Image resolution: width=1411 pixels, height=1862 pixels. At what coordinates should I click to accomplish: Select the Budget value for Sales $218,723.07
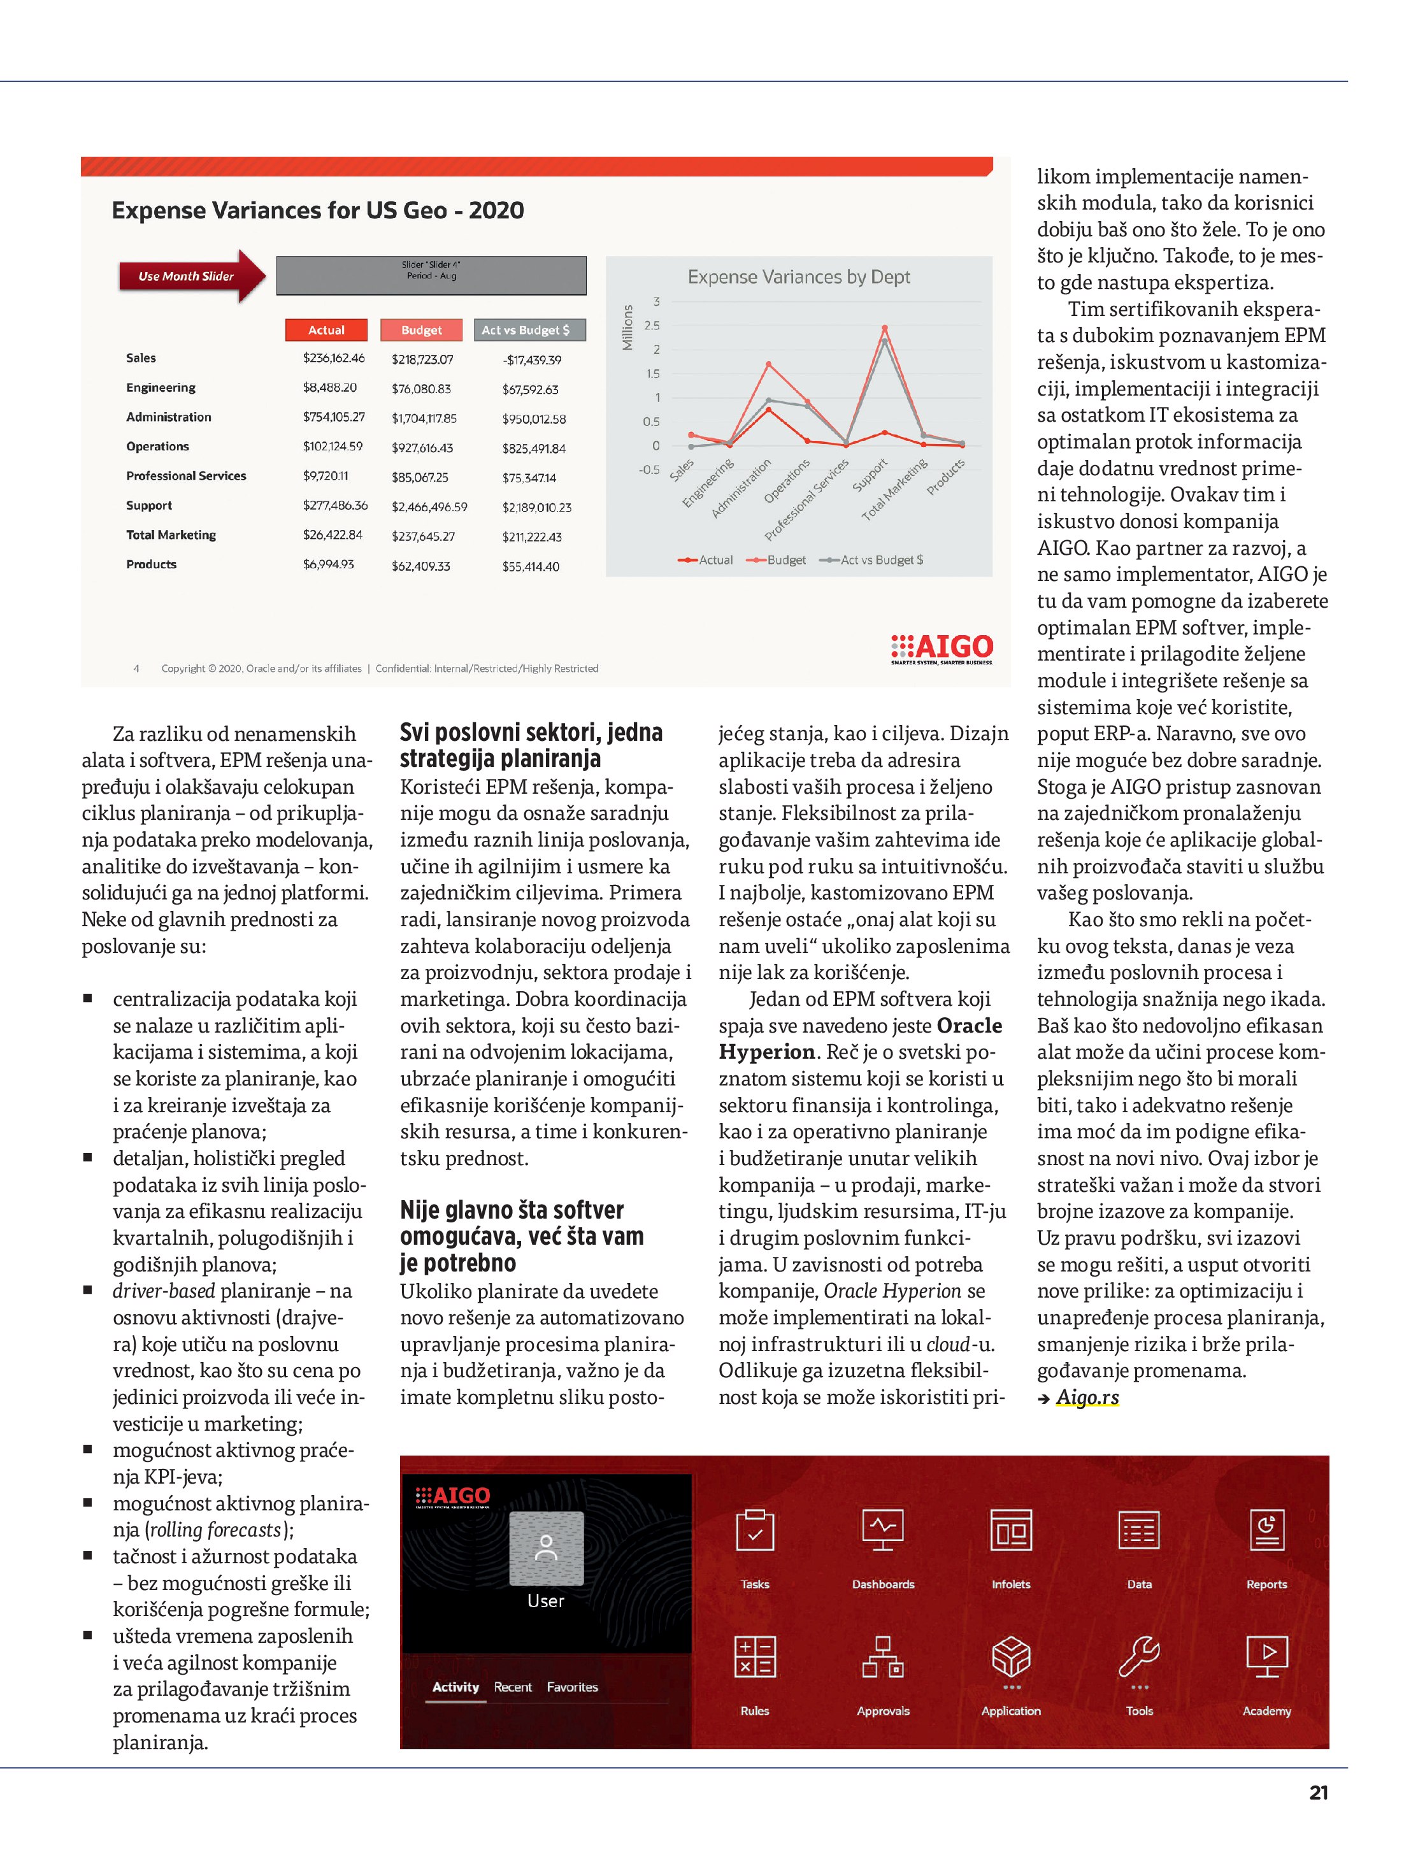point(422,359)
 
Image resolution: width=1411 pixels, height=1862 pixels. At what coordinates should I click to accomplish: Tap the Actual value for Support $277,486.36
point(335,505)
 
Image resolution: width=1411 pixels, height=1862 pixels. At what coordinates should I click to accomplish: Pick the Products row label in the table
point(152,564)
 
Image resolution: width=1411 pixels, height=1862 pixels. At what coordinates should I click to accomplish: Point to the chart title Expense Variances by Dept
point(798,277)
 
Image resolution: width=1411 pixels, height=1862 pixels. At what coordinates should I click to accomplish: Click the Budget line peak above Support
point(884,327)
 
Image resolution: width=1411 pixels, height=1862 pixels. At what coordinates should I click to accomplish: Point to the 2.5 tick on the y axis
point(652,325)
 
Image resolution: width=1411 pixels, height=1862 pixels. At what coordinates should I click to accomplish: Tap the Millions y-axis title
point(627,327)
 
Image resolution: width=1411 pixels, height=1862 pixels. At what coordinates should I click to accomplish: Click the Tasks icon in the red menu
point(754,1529)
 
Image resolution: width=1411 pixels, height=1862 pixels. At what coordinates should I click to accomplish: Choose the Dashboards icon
point(882,1529)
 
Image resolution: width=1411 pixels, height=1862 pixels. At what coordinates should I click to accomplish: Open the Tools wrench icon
point(1139,1657)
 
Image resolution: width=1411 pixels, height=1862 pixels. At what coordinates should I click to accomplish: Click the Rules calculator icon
point(754,1657)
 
